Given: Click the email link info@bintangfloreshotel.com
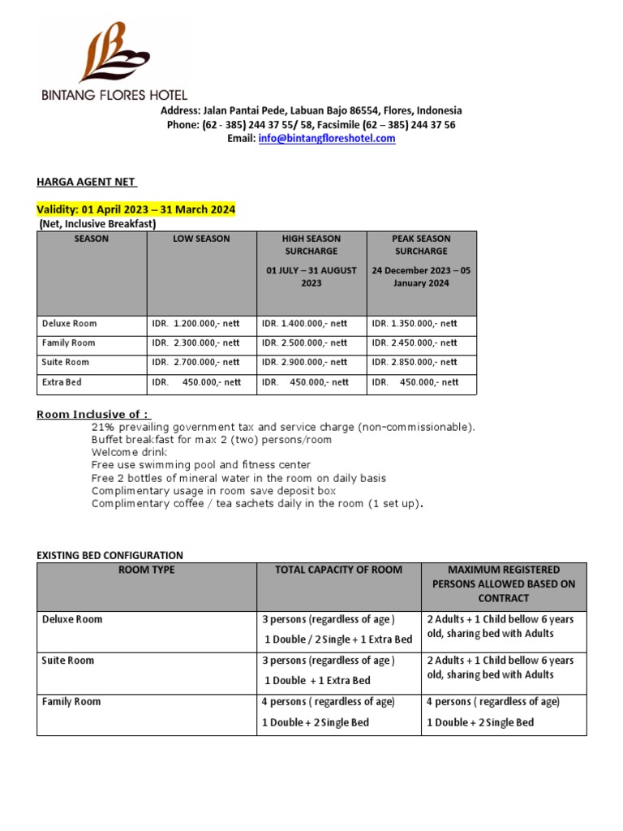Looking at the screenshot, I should coord(327,139).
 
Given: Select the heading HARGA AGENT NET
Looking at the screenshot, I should coord(87,181).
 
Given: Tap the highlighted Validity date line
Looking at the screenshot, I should coord(136,210).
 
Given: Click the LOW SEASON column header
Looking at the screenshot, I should coord(201,239).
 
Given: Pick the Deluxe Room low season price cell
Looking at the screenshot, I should coord(196,324).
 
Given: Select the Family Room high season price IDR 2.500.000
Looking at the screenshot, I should coord(305,343).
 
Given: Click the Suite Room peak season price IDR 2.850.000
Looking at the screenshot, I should coord(415,363).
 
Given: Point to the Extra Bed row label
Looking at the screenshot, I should coord(62,382).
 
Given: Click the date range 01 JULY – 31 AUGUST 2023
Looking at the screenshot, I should coord(311,277).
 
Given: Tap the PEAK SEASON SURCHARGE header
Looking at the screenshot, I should coord(422,245).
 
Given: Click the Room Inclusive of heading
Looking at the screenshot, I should coord(93,415).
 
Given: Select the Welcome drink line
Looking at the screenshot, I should coord(130,452).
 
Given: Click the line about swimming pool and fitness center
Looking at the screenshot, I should coord(201,465).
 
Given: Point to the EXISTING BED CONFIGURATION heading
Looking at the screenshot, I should coord(110,555).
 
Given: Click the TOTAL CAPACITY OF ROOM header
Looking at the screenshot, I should coord(338,570).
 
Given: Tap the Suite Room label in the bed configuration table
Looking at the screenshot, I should coord(68,661).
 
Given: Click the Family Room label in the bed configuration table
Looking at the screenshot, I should coord(71,702).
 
